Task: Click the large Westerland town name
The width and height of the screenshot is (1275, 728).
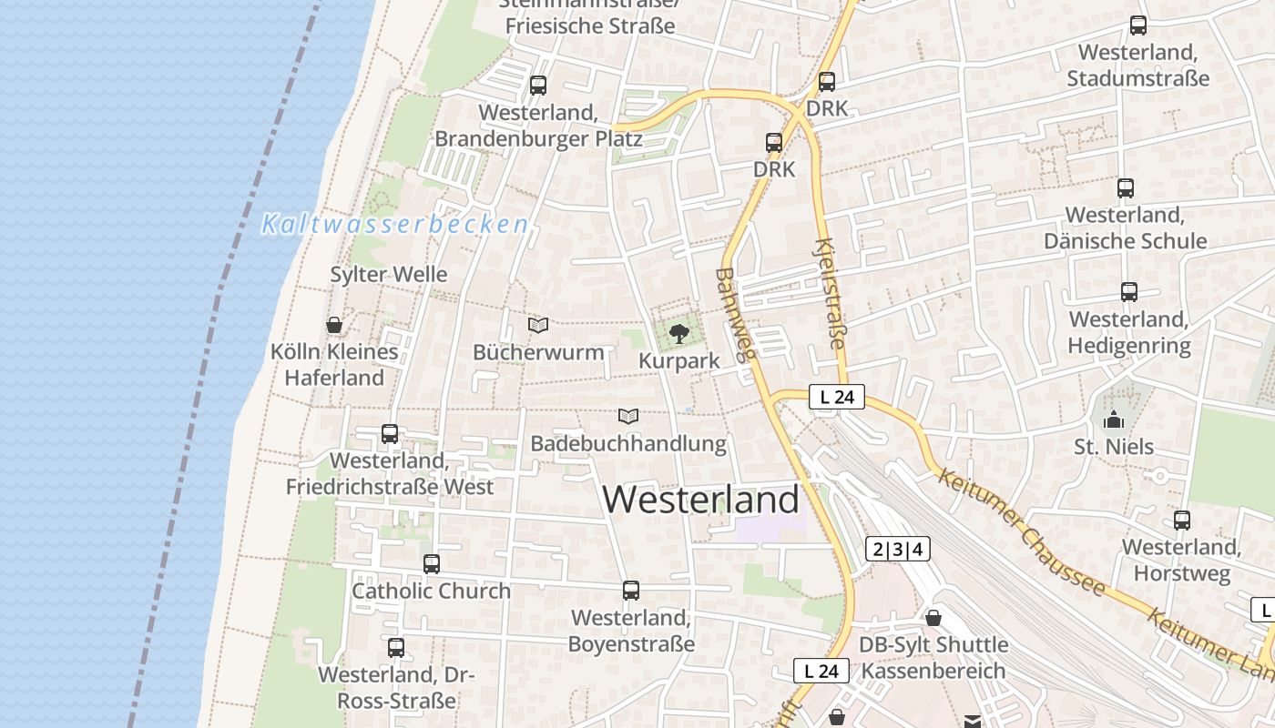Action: [x=701, y=500]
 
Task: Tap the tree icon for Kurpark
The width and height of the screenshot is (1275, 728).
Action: [x=678, y=334]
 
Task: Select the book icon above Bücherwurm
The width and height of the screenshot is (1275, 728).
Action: [x=538, y=325]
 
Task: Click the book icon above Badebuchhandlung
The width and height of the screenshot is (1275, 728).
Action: [x=628, y=417]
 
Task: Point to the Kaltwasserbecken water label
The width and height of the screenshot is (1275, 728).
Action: [x=395, y=225]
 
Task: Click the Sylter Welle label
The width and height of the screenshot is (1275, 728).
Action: [x=389, y=275]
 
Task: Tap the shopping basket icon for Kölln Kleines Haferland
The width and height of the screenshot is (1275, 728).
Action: [x=334, y=325]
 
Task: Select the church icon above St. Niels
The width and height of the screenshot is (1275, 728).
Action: [x=1113, y=420]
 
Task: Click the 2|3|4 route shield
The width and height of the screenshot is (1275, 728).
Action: [x=897, y=549]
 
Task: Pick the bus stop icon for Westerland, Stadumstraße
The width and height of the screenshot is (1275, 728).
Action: [x=1138, y=25]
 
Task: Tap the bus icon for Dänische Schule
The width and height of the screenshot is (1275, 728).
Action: [x=1126, y=188]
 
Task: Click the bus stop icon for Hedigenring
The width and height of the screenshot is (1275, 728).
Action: [x=1129, y=292]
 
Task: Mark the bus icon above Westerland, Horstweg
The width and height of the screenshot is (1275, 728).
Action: [x=1182, y=521]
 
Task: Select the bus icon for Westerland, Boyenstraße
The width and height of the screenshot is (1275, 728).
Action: [x=631, y=591]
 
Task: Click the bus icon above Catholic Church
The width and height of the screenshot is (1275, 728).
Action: [x=432, y=564]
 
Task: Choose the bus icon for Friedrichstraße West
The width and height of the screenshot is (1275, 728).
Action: [x=390, y=434]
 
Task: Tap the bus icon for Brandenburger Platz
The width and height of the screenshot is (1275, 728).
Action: [x=538, y=86]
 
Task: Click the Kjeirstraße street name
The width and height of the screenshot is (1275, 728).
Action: [x=830, y=295]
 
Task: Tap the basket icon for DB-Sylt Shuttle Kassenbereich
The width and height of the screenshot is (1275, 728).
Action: [x=933, y=619]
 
